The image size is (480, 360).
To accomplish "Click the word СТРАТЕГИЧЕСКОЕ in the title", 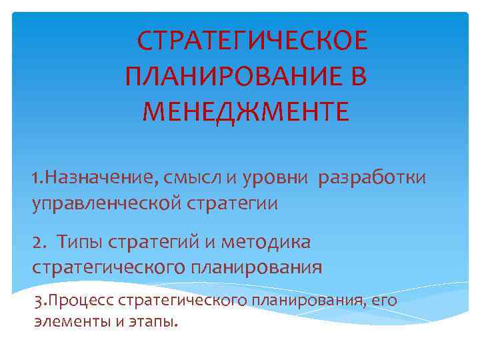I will [x=252, y=42].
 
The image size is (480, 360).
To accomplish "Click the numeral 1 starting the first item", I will [x=35, y=179].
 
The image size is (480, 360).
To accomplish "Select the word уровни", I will [x=275, y=179].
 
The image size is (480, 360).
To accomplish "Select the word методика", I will [x=273, y=241].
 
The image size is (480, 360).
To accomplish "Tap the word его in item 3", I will [x=383, y=301].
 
